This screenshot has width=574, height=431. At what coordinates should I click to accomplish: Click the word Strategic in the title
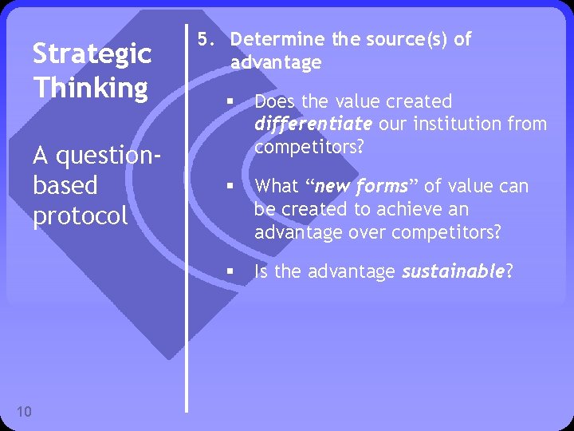tap(92, 54)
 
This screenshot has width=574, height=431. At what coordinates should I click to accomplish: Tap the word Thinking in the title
tap(90, 87)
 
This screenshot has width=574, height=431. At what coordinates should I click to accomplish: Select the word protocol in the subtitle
tap(80, 216)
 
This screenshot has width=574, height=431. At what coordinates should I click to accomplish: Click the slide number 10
tap(24, 411)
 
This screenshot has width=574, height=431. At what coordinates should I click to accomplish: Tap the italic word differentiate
tap(313, 125)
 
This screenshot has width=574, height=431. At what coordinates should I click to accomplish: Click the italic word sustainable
tap(452, 272)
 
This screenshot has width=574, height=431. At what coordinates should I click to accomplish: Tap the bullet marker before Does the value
tap(228, 102)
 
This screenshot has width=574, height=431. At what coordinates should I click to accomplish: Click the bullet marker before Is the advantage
tap(228, 272)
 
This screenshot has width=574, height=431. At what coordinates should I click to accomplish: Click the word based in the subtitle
tap(65, 185)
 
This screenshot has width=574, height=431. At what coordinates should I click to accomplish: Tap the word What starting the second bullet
tap(276, 187)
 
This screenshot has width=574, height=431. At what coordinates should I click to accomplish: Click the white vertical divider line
tap(187, 215)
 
